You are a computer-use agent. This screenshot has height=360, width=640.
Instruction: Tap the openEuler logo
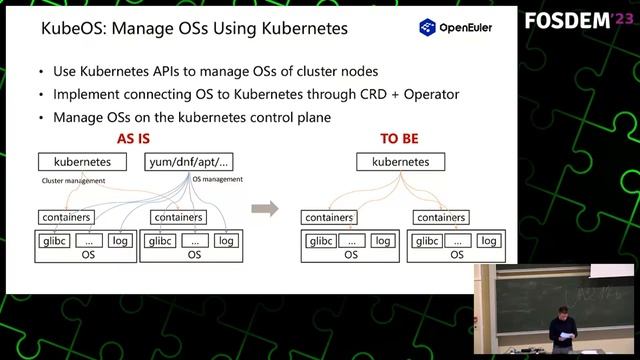click(x=454, y=28)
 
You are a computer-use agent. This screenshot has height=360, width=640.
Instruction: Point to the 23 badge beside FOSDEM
click(x=619, y=20)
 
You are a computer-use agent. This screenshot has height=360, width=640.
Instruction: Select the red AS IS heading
click(x=138, y=139)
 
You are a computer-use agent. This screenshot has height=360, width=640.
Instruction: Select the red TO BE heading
click(x=400, y=139)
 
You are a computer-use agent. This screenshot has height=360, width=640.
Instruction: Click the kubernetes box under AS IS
click(x=82, y=161)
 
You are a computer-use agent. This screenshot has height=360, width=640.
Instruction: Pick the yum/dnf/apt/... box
click(x=189, y=161)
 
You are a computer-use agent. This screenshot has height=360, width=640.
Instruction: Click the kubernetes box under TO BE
click(x=400, y=161)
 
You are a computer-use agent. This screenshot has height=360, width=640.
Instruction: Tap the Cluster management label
click(x=71, y=181)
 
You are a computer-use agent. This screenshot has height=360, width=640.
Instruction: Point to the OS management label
click(x=217, y=179)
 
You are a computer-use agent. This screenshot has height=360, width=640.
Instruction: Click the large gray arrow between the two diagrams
click(x=264, y=209)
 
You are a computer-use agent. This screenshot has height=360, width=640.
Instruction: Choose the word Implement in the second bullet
click(x=88, y=95)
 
